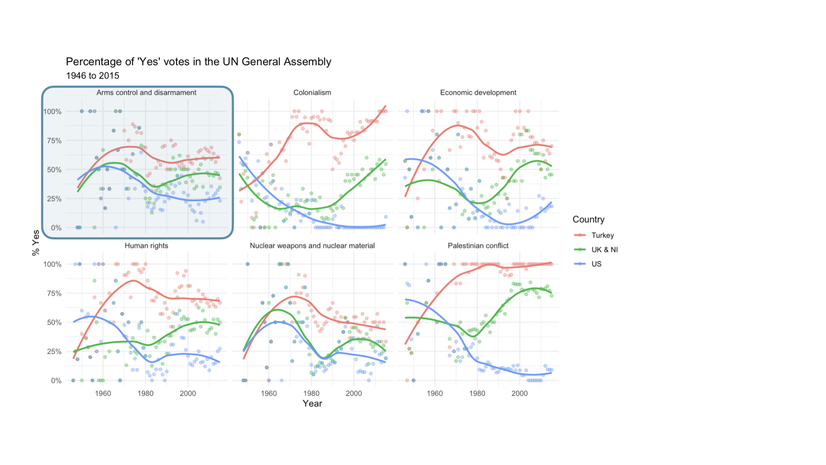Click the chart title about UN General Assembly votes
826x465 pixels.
198,62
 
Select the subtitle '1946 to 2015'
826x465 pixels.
92,76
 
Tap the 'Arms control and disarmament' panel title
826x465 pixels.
146,93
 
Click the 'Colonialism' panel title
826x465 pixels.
312,93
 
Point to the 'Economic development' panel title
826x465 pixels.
478,93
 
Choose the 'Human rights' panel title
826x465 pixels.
146,246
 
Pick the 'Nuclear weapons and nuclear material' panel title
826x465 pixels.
312,246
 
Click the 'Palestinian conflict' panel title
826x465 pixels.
478,246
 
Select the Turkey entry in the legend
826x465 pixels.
602,236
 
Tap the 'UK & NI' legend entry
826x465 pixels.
604,250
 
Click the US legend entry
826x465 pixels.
596,264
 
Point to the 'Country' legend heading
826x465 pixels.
588,220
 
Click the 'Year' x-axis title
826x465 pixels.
312,403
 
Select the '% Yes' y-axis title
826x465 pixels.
36,243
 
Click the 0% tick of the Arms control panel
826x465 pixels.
56,228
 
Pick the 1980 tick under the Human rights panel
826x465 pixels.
145,394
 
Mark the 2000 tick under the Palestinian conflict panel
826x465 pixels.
519,394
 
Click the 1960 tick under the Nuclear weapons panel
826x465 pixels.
269,394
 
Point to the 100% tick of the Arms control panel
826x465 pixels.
52,112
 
